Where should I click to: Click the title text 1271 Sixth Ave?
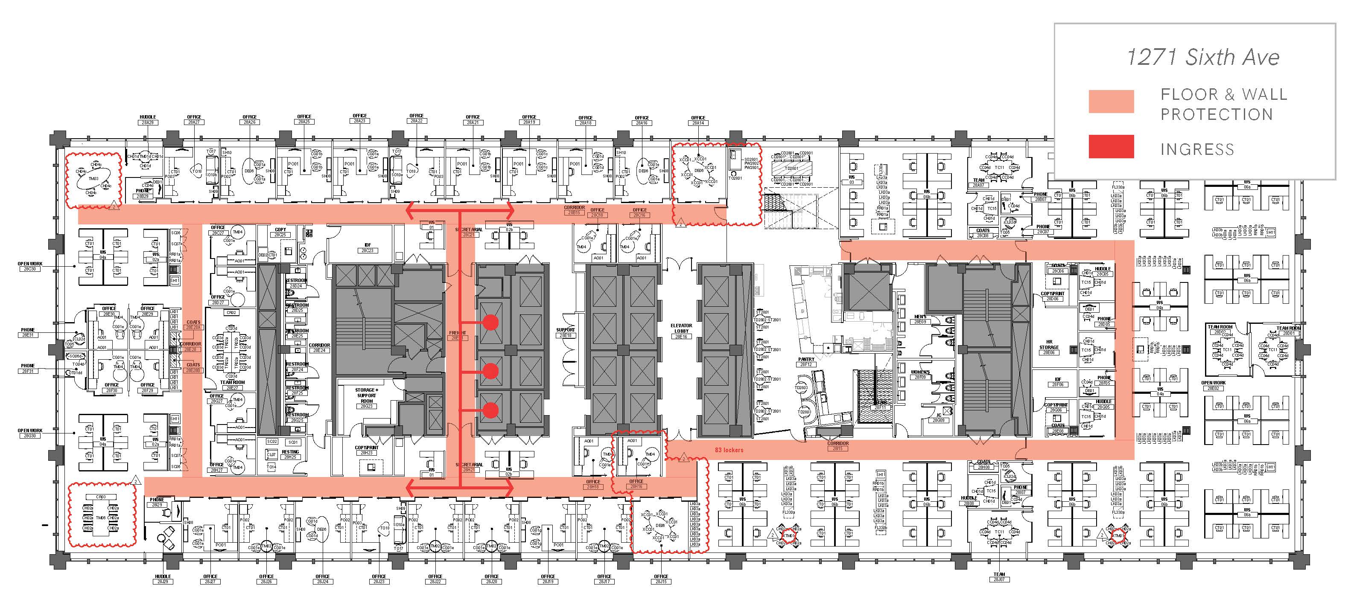point(1202,57)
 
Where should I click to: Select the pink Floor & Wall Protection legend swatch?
point(1111,102)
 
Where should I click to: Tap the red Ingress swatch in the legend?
point(1111,146)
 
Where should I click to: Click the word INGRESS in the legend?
point(1197,150)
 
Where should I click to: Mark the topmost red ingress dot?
point(490,322)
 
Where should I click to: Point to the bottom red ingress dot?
point(490,410)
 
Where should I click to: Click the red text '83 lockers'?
point(729,450)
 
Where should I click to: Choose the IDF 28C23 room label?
point(367,247)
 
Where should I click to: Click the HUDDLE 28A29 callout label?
point(148,120)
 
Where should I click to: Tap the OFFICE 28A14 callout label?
point(698,120)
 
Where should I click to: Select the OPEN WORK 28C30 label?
point(30,266)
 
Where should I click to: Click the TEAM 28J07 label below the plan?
point(999,577)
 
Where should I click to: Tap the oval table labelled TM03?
point(93,178)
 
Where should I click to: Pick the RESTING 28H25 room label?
point(290,454)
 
